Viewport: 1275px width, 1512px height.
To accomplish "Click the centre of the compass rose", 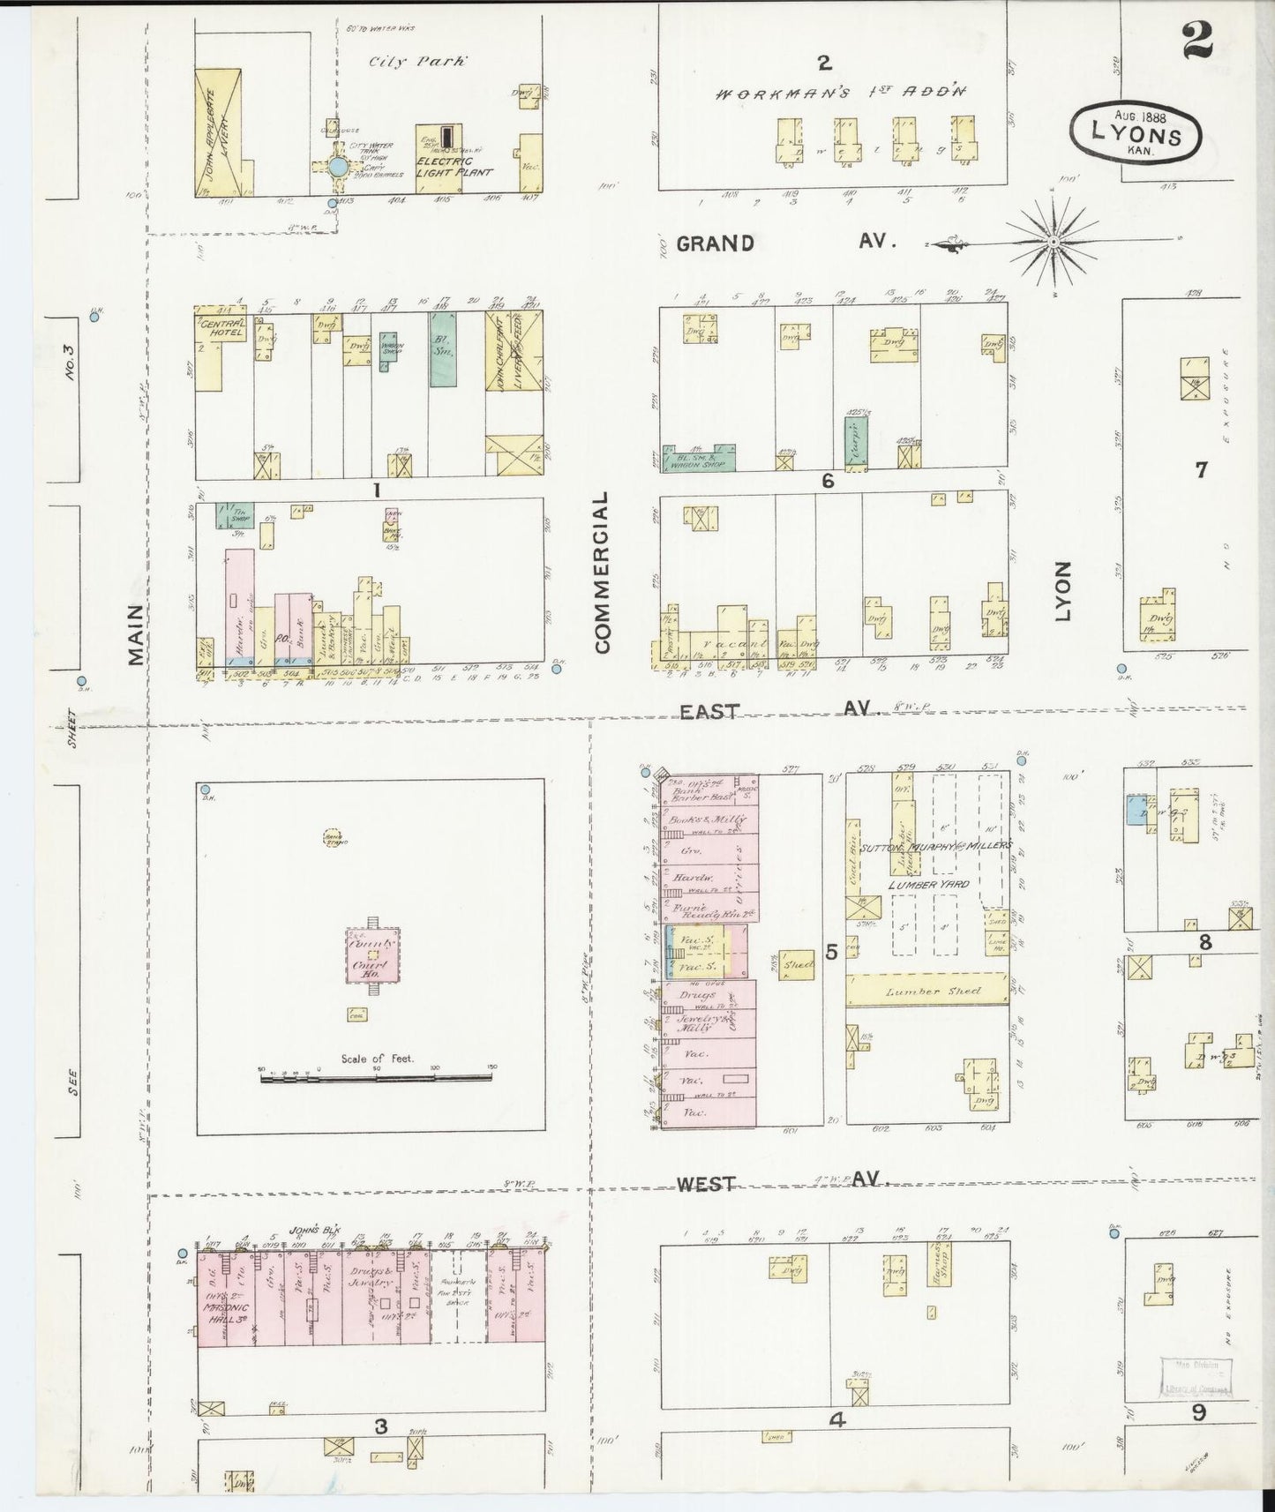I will coord(1054,240).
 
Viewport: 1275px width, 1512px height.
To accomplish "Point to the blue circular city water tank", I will coord(337,166).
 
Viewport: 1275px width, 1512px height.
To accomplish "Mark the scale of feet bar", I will coord(377,1076).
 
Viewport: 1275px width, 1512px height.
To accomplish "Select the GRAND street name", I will coord(715,243).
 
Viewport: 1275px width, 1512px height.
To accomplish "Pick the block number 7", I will coord(1200,470).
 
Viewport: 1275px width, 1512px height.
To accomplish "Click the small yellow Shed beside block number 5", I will coord(798,965).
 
